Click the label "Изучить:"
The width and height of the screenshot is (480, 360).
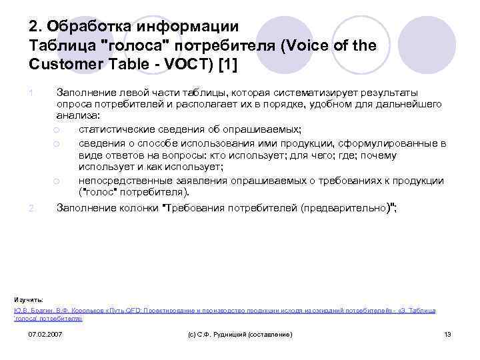tap(28, 299)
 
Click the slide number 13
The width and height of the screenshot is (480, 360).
tap(447, 333)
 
